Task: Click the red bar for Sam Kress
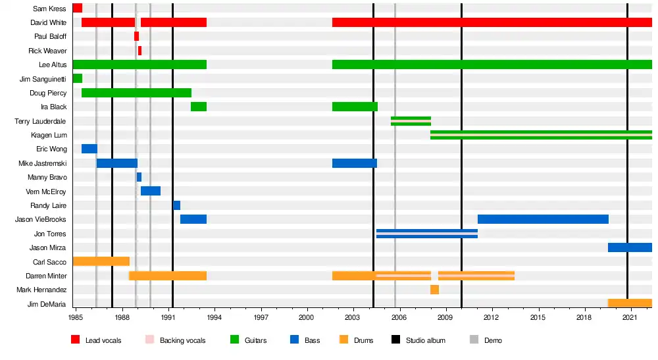77,8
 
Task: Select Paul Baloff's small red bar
136,36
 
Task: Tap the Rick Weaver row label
47,51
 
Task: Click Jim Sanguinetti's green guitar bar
77,78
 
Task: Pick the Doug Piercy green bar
136,93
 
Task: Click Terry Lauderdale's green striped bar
411,121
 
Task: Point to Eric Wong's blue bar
89,149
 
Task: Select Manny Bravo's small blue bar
139,177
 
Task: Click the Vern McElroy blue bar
151,191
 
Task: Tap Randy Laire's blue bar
176,205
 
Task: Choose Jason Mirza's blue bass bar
630,247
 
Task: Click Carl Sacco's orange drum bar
101,261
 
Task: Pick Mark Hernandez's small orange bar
434,290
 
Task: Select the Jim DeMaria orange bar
630,303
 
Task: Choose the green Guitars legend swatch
234,340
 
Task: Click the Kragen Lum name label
49,135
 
